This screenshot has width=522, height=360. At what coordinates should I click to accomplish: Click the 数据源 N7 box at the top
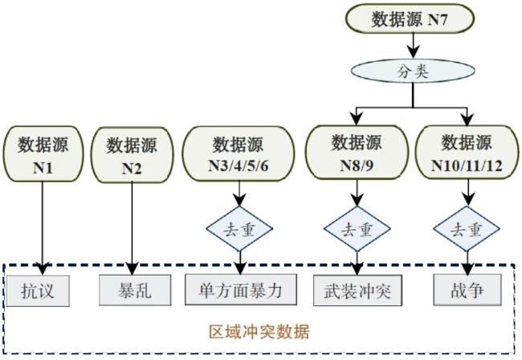pos(410,18)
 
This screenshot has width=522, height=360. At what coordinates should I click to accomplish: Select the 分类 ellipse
pos(413,71)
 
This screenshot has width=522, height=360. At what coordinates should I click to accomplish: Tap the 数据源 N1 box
pos(43,153)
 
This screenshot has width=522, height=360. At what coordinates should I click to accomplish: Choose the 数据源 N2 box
pos(132,154)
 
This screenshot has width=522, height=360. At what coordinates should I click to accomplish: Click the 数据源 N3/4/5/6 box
pos(239,153)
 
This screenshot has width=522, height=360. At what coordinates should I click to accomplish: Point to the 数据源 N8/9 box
pos(357,152)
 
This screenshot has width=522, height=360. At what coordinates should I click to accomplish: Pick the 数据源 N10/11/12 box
pos(467,152)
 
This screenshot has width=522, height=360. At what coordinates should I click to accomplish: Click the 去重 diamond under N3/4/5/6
pos(239,229)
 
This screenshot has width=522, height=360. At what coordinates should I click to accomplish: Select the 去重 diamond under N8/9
pos(357,229)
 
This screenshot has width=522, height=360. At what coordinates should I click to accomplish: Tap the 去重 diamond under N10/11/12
pos(467,229)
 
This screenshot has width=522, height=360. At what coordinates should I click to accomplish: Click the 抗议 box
pos(38,291)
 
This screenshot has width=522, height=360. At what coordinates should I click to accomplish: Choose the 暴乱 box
pos(135,290)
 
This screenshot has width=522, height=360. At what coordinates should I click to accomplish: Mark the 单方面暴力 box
pos(241,289)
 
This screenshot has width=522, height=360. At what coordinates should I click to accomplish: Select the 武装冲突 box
pos(357,290)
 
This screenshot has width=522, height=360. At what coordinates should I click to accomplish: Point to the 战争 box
pos(467,290)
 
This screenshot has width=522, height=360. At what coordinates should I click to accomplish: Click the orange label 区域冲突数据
pos(259,331)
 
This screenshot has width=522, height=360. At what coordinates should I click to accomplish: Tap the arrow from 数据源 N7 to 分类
pos(413,46)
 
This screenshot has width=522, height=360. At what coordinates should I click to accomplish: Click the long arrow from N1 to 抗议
pos(43,228)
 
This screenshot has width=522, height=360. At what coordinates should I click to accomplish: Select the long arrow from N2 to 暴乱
pos(132,228)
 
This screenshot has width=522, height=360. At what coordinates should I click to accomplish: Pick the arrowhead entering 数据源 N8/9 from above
pos(357,119)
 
